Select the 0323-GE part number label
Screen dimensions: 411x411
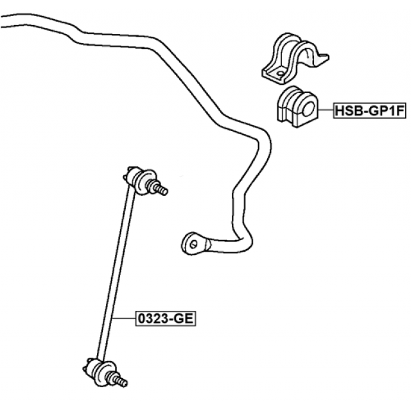coord(166,318)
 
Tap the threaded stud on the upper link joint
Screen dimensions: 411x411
coord(159,189)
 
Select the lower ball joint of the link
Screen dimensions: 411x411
coord(96,369)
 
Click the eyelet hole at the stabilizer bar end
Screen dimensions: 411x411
coord(193,242)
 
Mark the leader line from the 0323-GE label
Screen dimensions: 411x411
coord(123,318)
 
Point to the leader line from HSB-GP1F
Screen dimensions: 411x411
coord(325,112)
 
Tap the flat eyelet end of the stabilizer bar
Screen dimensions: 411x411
coord(197,243)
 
